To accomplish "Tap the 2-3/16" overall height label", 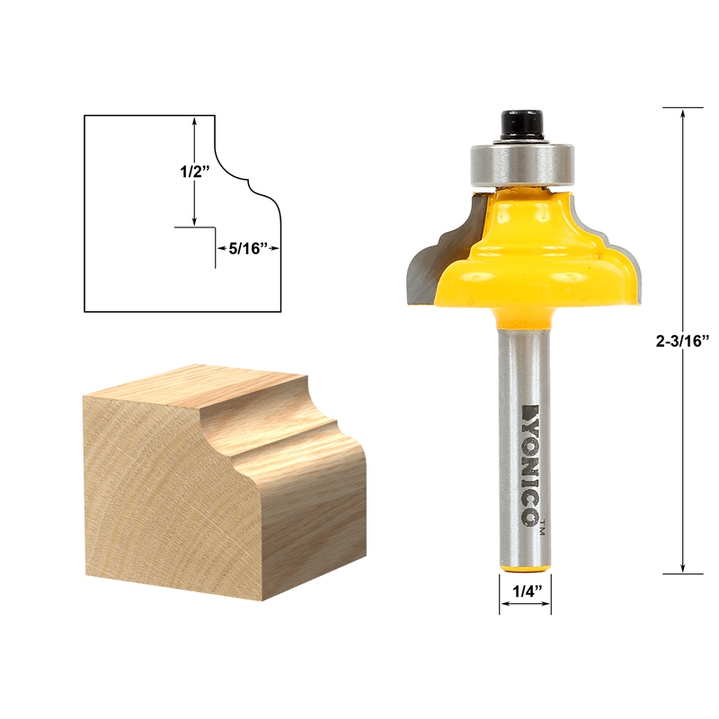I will pos(683,340).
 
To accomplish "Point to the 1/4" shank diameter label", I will pos(525,590).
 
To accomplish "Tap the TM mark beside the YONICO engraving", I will pos(541,529).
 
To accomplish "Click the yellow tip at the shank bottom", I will pos(525,565).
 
